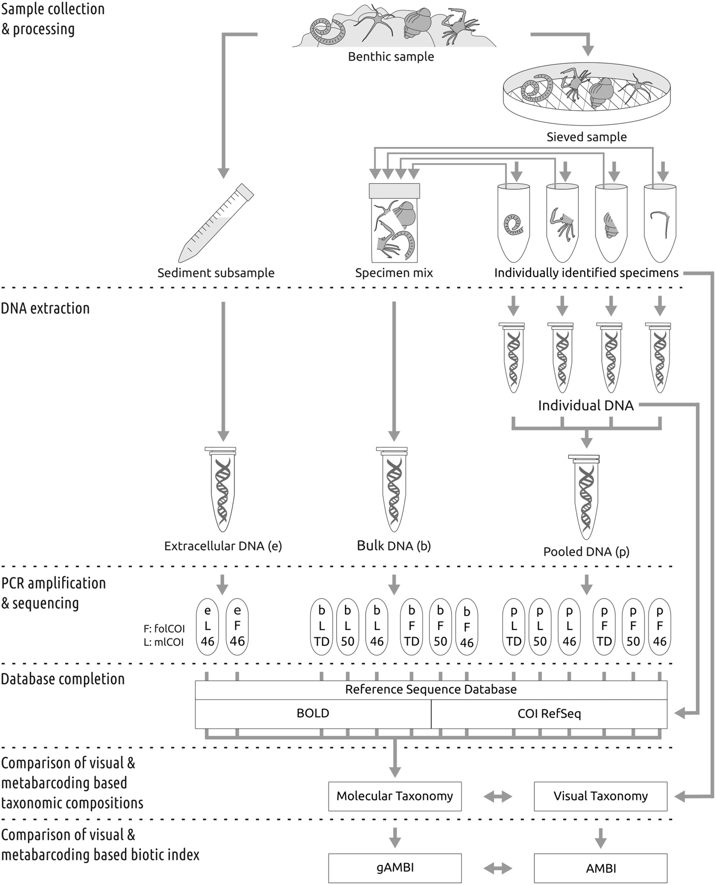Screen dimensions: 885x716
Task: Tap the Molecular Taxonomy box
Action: [x=395, y=796]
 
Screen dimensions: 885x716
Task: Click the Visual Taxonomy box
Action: [x=600, y=796]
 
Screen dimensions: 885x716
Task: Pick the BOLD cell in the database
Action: [x=313, y=713]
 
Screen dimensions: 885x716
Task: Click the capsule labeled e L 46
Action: [x=208, y=626]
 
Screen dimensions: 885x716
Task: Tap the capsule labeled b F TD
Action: [x=411, y=626]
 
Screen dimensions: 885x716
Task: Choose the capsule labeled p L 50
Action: [x=540, y=626]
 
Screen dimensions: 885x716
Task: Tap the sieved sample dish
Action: [x=587, y=97]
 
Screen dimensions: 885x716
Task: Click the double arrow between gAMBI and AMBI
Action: [x=497, y=869]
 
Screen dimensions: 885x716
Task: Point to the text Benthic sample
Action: [x=390, y=56]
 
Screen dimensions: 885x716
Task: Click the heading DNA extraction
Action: [x=45, y=308]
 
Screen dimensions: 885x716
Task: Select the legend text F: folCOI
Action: [x=164, y=629]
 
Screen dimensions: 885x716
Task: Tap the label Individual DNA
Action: [x=585, y=405]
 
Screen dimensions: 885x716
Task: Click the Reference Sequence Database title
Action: [x=431, y=689]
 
